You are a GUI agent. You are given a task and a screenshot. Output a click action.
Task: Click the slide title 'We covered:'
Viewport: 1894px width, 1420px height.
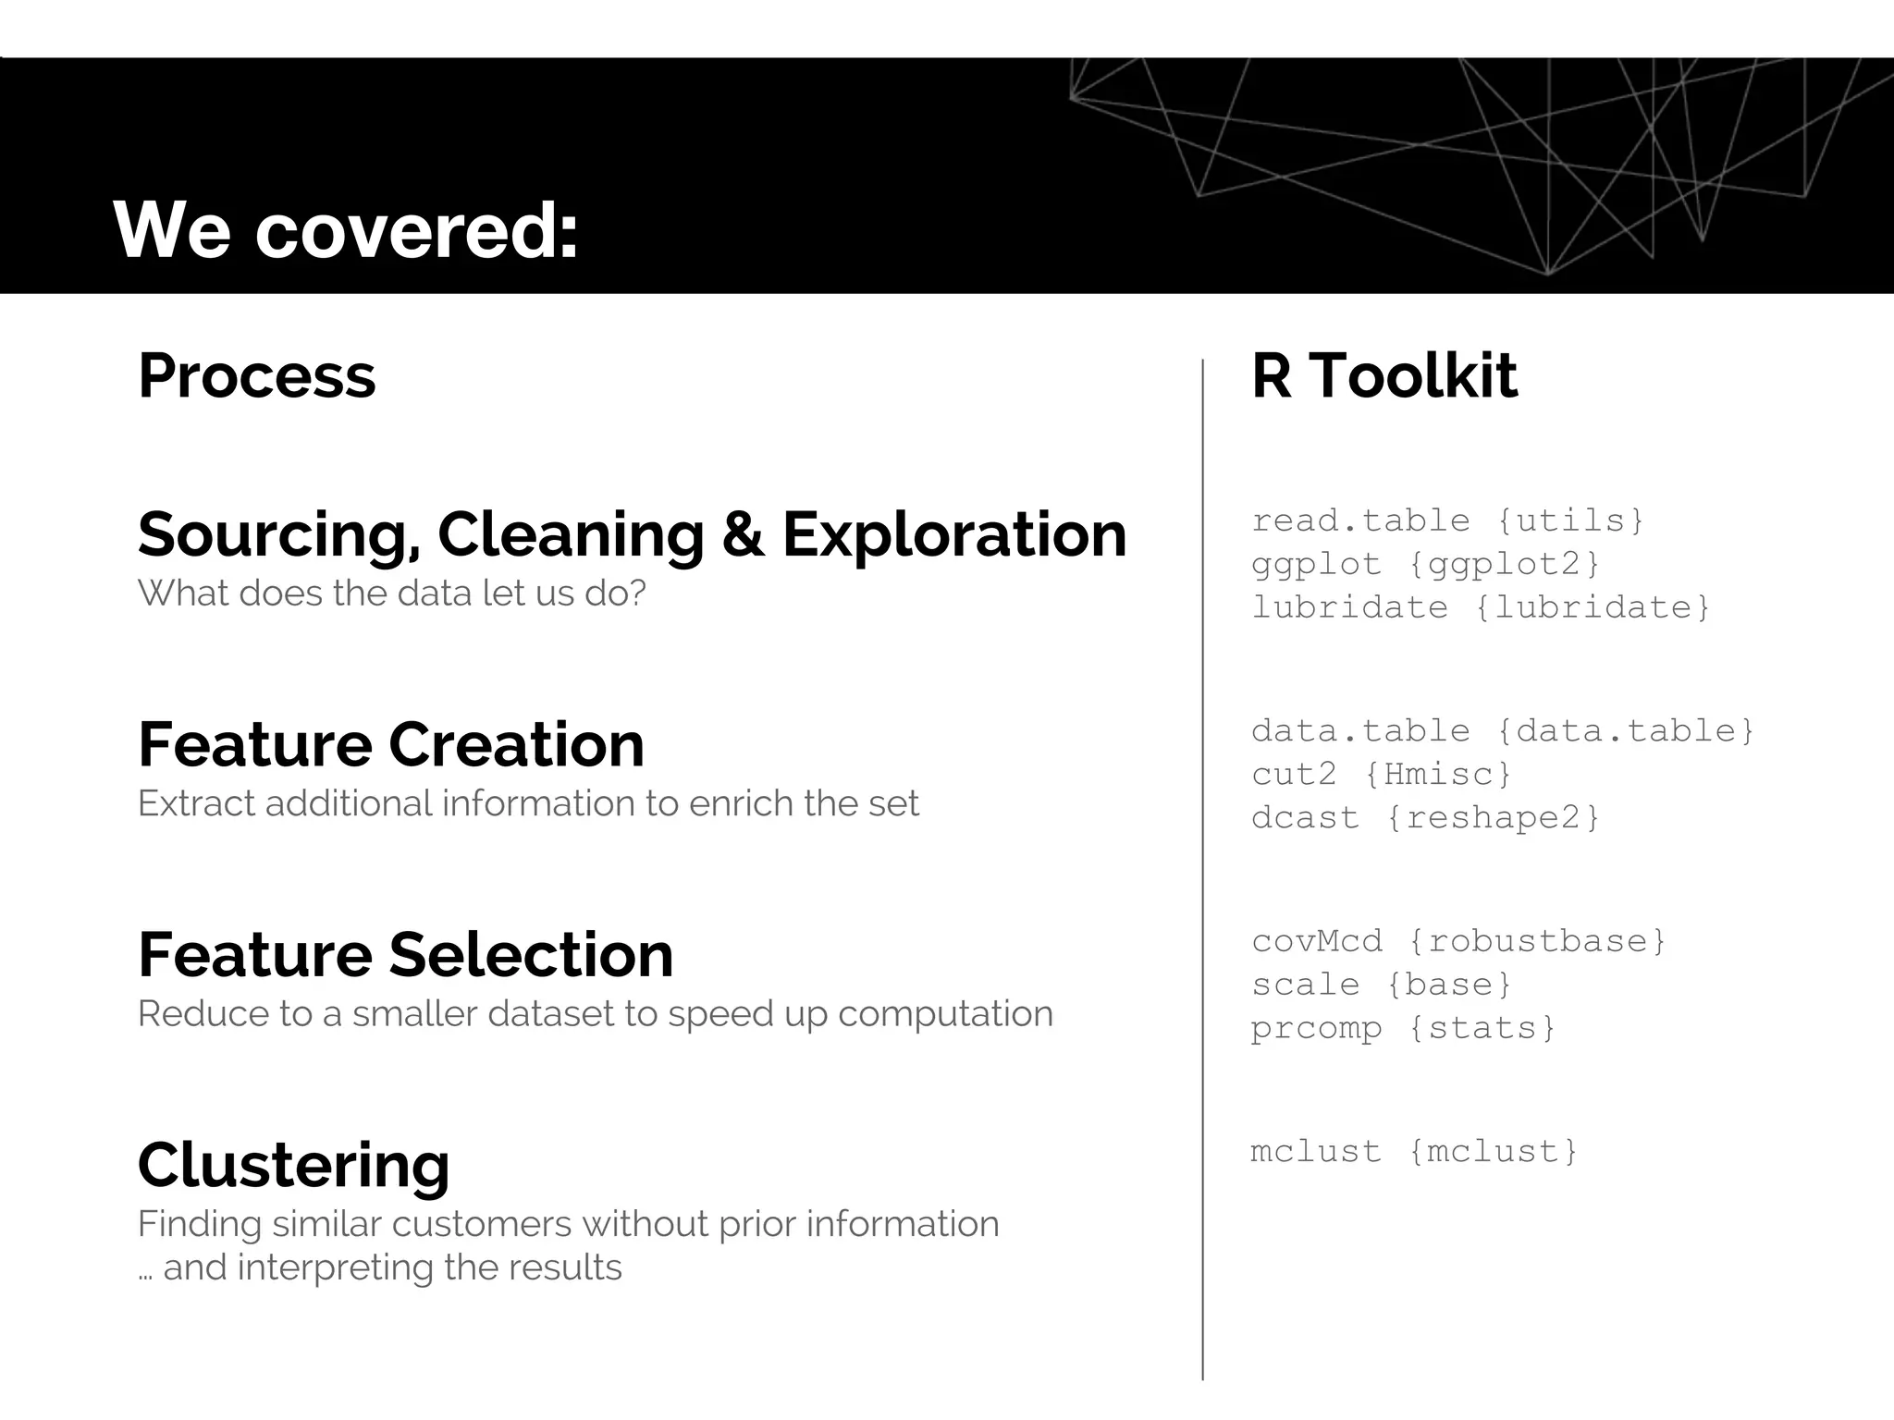pyautogui.click(x=345, y=229)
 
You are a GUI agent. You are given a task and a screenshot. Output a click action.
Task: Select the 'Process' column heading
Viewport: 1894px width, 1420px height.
pyautogui.click(x=257, y=376)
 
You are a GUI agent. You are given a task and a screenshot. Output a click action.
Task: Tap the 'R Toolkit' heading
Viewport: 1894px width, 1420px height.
pyautogui.click(x=1384, y=376)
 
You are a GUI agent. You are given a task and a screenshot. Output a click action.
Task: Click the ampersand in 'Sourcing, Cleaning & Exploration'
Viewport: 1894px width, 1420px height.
pyautogui.click(x=742, y=534)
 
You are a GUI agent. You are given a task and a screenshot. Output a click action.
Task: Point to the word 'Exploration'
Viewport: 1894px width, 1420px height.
pyautogui.click(x=954, y=534)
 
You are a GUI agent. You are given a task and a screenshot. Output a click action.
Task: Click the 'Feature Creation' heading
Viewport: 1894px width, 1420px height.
pyautogui.click(x=390, y=744)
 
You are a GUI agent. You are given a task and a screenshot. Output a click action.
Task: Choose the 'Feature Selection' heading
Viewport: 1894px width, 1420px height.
pyautogui.click(x=405, y=954)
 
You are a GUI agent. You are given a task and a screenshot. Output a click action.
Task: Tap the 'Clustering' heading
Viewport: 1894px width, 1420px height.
pyautogui.click(x=293, y=1165)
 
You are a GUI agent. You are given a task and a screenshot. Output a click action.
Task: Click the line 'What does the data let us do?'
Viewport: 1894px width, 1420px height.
pyautogui.click(x=391, y=593)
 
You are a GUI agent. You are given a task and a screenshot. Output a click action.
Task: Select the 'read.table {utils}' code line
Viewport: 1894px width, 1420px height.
pyautogui.click(x=1447, y=520)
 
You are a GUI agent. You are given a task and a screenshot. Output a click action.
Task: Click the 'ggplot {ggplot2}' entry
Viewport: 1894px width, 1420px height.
pyautogui.click(x=1425, y=564)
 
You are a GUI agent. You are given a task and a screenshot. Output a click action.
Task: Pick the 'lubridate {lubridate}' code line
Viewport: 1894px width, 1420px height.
pyautogui.click(x=1481, y=607)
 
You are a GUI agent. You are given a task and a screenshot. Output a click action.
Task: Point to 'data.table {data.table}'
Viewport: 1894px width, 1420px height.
pyautogui.click(x=1502, y=731)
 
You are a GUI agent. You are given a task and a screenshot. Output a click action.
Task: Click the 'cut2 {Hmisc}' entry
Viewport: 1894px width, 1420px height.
pyautogui.click(x=1381, y=774)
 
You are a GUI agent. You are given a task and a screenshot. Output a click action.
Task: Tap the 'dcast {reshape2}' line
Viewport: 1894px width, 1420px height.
pyautogui.click(x=1425, y=817)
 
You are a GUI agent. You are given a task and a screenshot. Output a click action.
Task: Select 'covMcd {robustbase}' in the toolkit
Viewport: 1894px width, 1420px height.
pyautogui.click(x=1458, y=941)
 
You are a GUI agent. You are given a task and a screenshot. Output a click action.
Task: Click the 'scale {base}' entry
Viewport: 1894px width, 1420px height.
pyautogui.click(x=1381, y=985)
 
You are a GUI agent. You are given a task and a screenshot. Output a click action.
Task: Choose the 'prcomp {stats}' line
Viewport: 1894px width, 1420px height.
pyautogui.click(x=1403, y=1028)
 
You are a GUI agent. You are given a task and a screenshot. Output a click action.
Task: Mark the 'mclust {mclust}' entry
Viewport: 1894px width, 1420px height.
pyautogui.click(x=1414, y=1151)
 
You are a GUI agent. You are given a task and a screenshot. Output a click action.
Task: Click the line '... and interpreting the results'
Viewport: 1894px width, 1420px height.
pyautogui.click(x=379, y=1267)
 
